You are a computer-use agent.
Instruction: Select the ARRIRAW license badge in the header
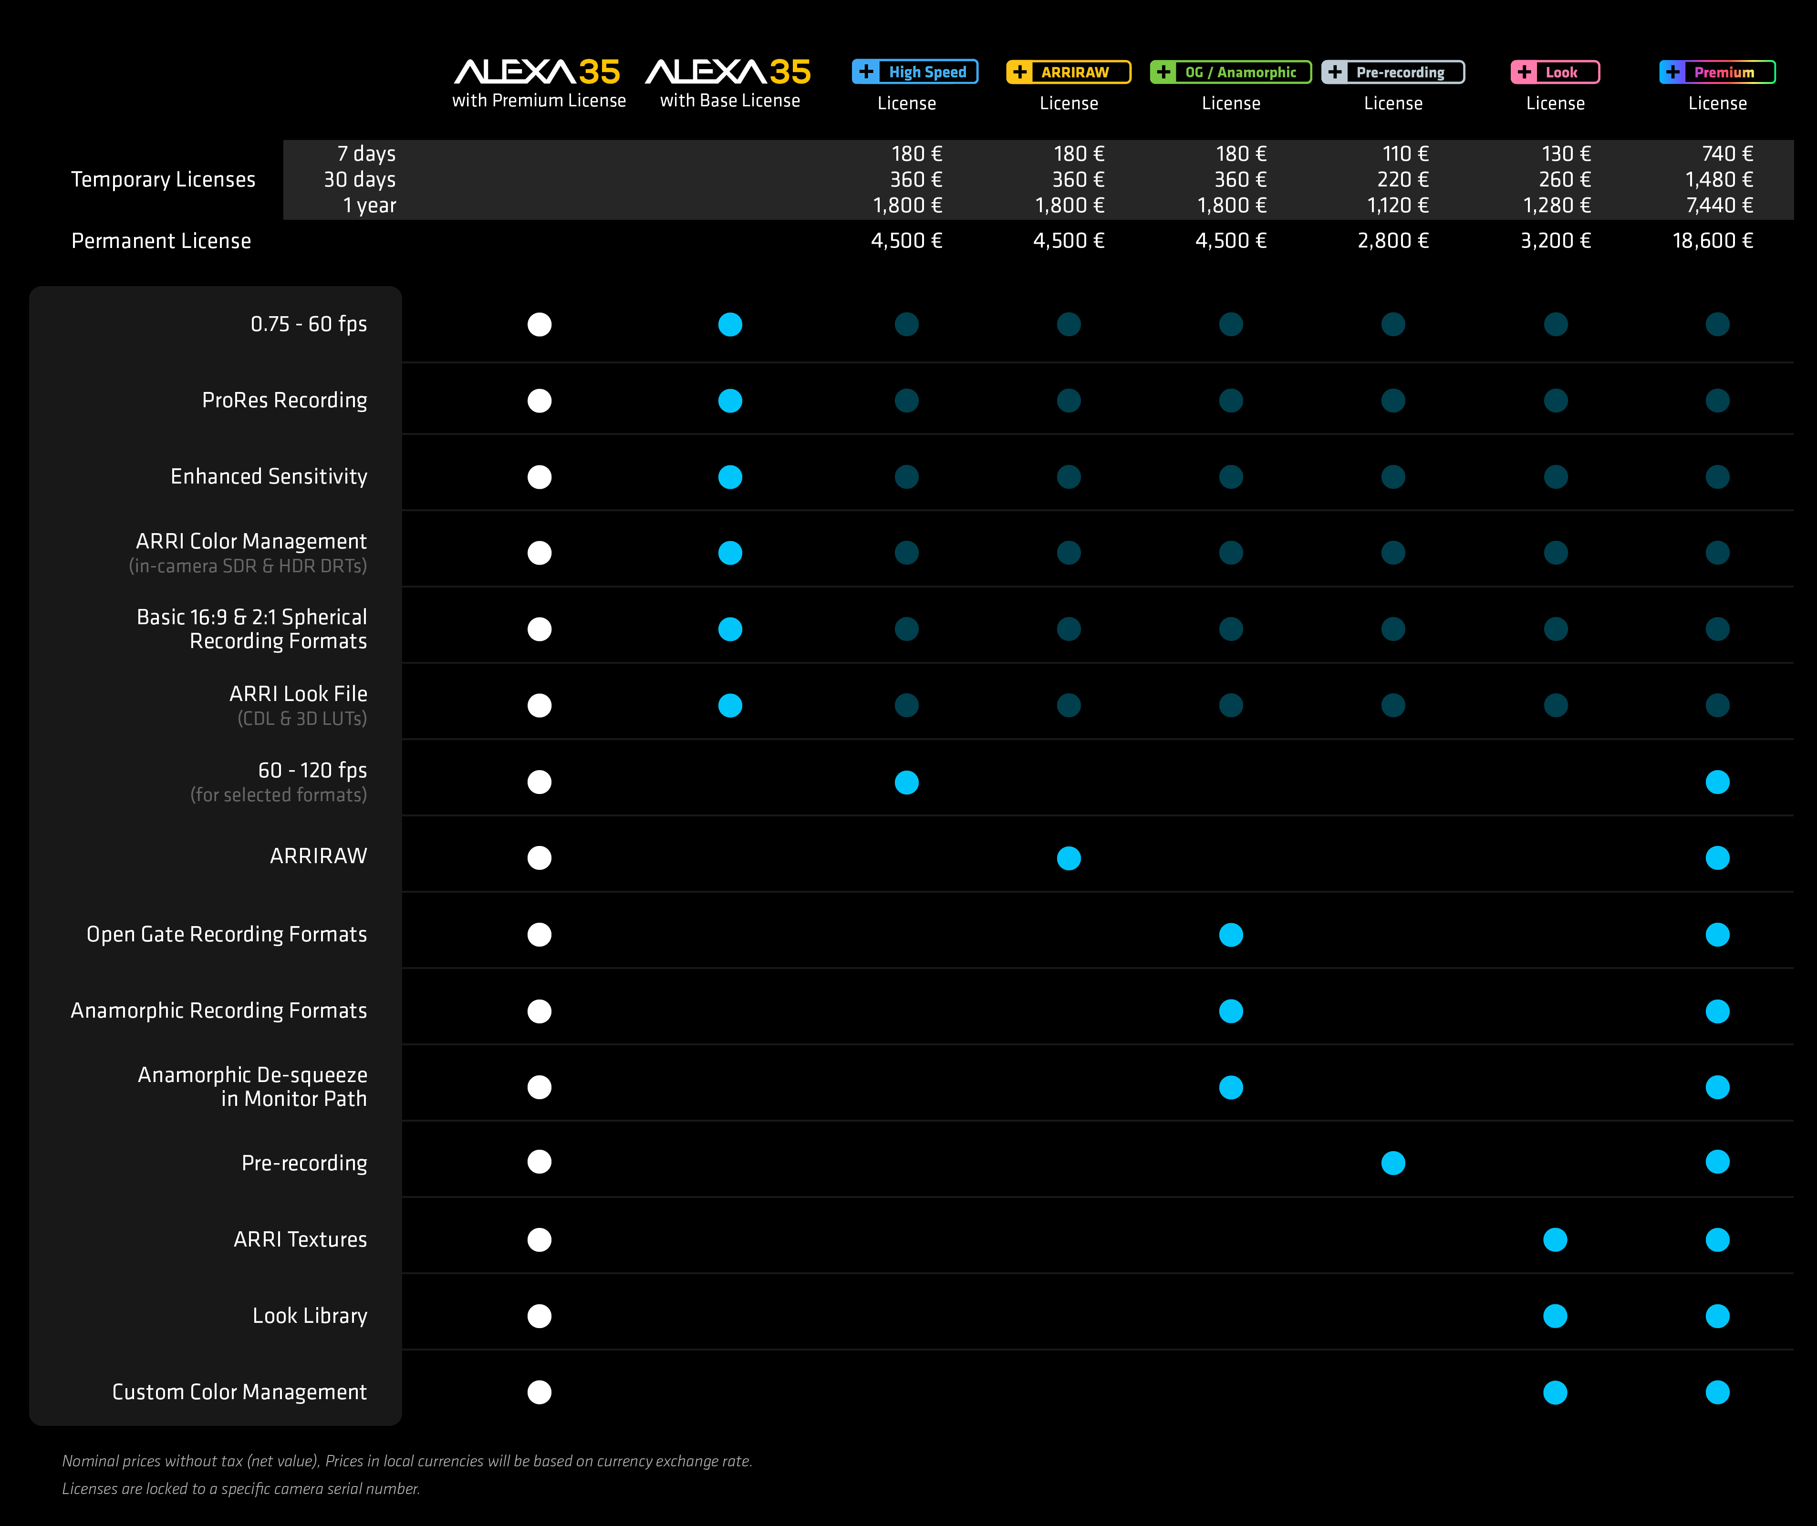1069,72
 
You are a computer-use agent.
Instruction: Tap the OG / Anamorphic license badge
1230,72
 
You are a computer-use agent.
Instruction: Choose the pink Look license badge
1555,72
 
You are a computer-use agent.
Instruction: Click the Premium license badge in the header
1717,72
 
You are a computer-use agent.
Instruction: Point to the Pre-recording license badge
1393,72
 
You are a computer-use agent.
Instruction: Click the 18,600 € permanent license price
1713,240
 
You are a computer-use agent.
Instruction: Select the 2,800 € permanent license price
1393,240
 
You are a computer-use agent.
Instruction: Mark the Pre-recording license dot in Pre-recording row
1393,1163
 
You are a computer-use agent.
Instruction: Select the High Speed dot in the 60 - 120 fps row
907,782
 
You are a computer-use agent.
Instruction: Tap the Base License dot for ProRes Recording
730,401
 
